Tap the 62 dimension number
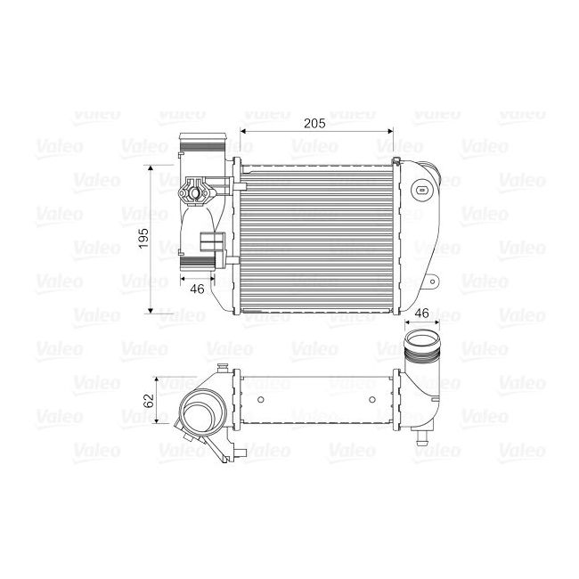(149, 399)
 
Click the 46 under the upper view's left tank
(197, 288)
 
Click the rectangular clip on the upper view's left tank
(212, 242)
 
